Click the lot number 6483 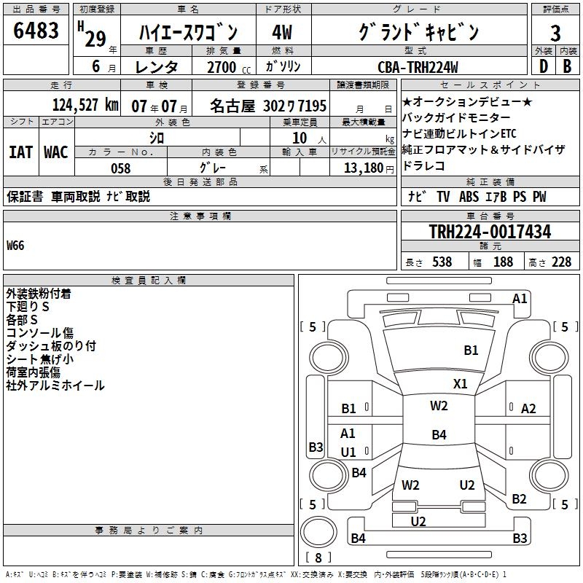tap(36, 31)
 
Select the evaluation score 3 tap(555, 32)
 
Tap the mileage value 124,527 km tap(85, 104)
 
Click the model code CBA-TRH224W tap(418, 67)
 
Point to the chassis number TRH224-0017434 tap(490, 232)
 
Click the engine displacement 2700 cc tap(224, 67)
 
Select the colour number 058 tap(120, 168)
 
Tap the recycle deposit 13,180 tap(362, 168)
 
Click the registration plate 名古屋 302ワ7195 tap(268, 105)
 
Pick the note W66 tap(15, 246)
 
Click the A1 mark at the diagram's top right tap(520, 298)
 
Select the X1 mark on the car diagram tap(460, 383)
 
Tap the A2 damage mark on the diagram tap(528, 409)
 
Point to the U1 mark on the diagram tap(348, 452)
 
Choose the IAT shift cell tap(20, 152)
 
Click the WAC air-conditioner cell tap(55, 152)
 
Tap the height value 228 tap(561, 262)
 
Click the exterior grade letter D tap(543, 66)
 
